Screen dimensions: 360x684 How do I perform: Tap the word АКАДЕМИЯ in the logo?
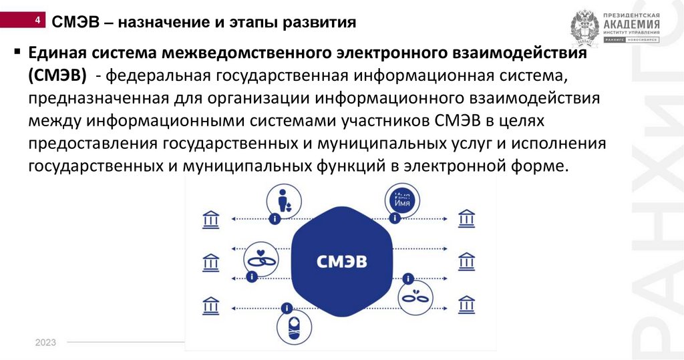pos(631,25)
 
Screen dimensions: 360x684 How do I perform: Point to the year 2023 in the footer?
pos(45,343)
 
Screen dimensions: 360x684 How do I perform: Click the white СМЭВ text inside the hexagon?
pos(341,261)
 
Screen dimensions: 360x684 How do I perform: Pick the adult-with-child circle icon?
pos(283,201)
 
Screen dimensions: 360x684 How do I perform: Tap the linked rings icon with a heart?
pos(261,258)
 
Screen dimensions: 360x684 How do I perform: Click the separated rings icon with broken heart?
pos(419,298)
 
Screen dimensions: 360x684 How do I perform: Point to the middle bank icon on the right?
pos(466,261)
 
